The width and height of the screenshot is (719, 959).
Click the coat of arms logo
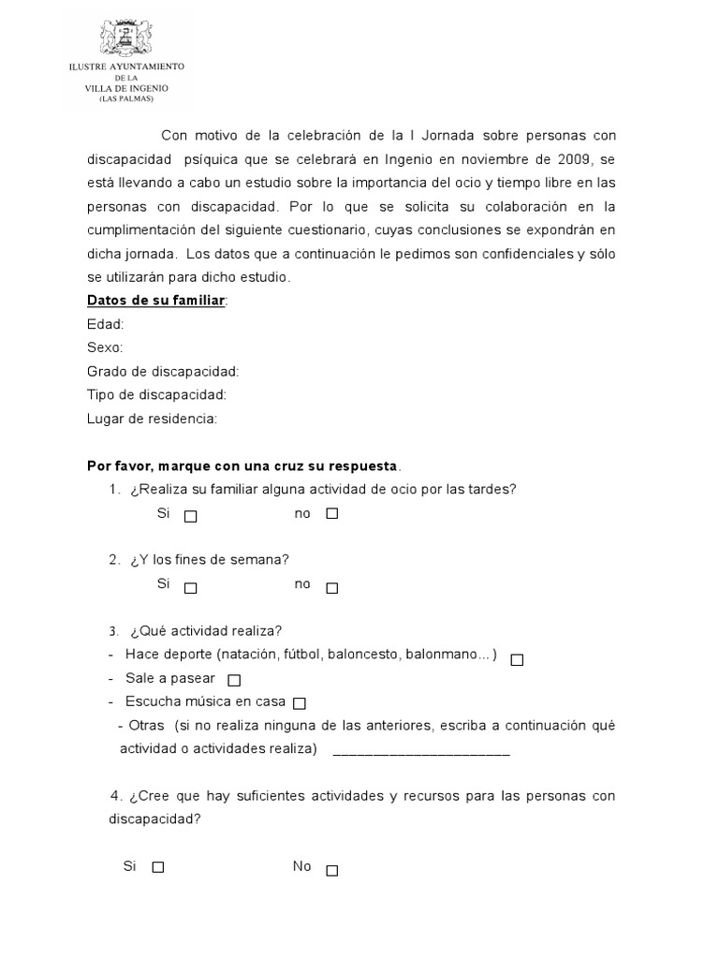coord(126,36)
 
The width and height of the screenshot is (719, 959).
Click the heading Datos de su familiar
coord(156,301)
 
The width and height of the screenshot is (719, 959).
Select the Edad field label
coord(105,324)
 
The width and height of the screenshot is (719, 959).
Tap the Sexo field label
coord(105,348)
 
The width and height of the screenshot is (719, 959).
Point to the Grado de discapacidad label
coord(163,372)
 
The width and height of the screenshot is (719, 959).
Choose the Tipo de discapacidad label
coord(156,395)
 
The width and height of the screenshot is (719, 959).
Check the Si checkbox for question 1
coord(191,515)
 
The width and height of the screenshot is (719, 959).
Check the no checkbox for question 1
coord(331,514)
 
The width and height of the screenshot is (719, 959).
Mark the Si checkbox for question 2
coord(191,588)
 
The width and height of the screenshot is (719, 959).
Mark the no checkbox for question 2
coord(331,588)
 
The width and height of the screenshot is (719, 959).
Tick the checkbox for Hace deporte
coord(517,659)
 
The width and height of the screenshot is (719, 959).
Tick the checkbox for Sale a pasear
coord(234,680)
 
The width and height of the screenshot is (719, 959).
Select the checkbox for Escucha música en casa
coord(300,703)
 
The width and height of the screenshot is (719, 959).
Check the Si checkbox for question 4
coord(158,867)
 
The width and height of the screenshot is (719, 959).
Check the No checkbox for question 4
coord(331,870)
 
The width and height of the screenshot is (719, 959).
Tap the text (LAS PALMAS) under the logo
coord(125,98)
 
